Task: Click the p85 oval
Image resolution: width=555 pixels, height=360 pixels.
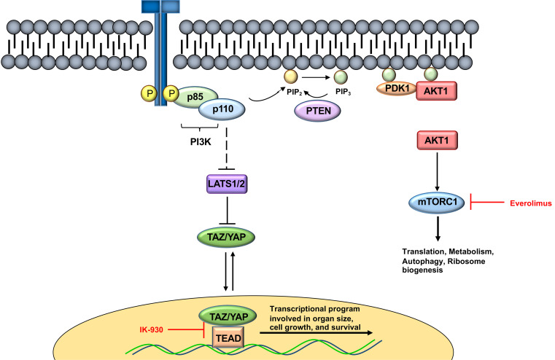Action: pyautogui.click(x=195, y=96)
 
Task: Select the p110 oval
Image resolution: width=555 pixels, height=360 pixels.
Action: pyautogui.click(x=222, y=109)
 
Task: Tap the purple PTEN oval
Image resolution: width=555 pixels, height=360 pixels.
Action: pyautogui.click(x=317, y=111)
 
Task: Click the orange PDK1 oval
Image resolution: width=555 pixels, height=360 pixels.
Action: pyautogui.click(x=397, y=88)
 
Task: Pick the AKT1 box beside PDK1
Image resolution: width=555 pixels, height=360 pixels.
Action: pyautogui.click(x=436, y=91)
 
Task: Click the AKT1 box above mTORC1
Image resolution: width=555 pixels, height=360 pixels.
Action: pyautogui.click(x=437, y=141)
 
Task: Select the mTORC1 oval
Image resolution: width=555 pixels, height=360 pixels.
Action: pyautogui.click(x=437, y=203)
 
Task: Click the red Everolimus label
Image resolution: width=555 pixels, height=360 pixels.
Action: pyautogui.click(x=531, y=203)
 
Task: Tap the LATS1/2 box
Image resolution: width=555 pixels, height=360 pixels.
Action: pyautogui.click(x=227, y=184)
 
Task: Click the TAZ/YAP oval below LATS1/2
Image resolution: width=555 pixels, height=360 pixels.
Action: pyautogui.click(x=226, y=237)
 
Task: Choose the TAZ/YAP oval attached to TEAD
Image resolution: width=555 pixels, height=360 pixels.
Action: pyautogui.click(x=228, y=317)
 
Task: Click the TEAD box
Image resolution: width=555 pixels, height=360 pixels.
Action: pyautogui.click(x=228, y=338)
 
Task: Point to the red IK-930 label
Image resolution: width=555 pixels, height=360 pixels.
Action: pyautogui.click(x=151, y=330)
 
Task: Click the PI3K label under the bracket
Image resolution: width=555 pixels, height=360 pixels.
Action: pyautogui.click(x=201, y=142)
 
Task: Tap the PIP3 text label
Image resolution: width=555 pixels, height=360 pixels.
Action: pyautogui.click(x=343, y=92)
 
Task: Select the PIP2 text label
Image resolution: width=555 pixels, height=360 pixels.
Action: pyautogui.click(x=295, y=92)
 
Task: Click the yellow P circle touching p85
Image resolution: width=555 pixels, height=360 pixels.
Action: pyautogui.click(x=171, y=93)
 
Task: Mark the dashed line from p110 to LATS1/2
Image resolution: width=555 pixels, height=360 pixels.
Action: pyautogui.click(x=226, y=149)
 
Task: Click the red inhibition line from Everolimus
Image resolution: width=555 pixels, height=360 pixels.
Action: pyautogui.click(x=487, y=203)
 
